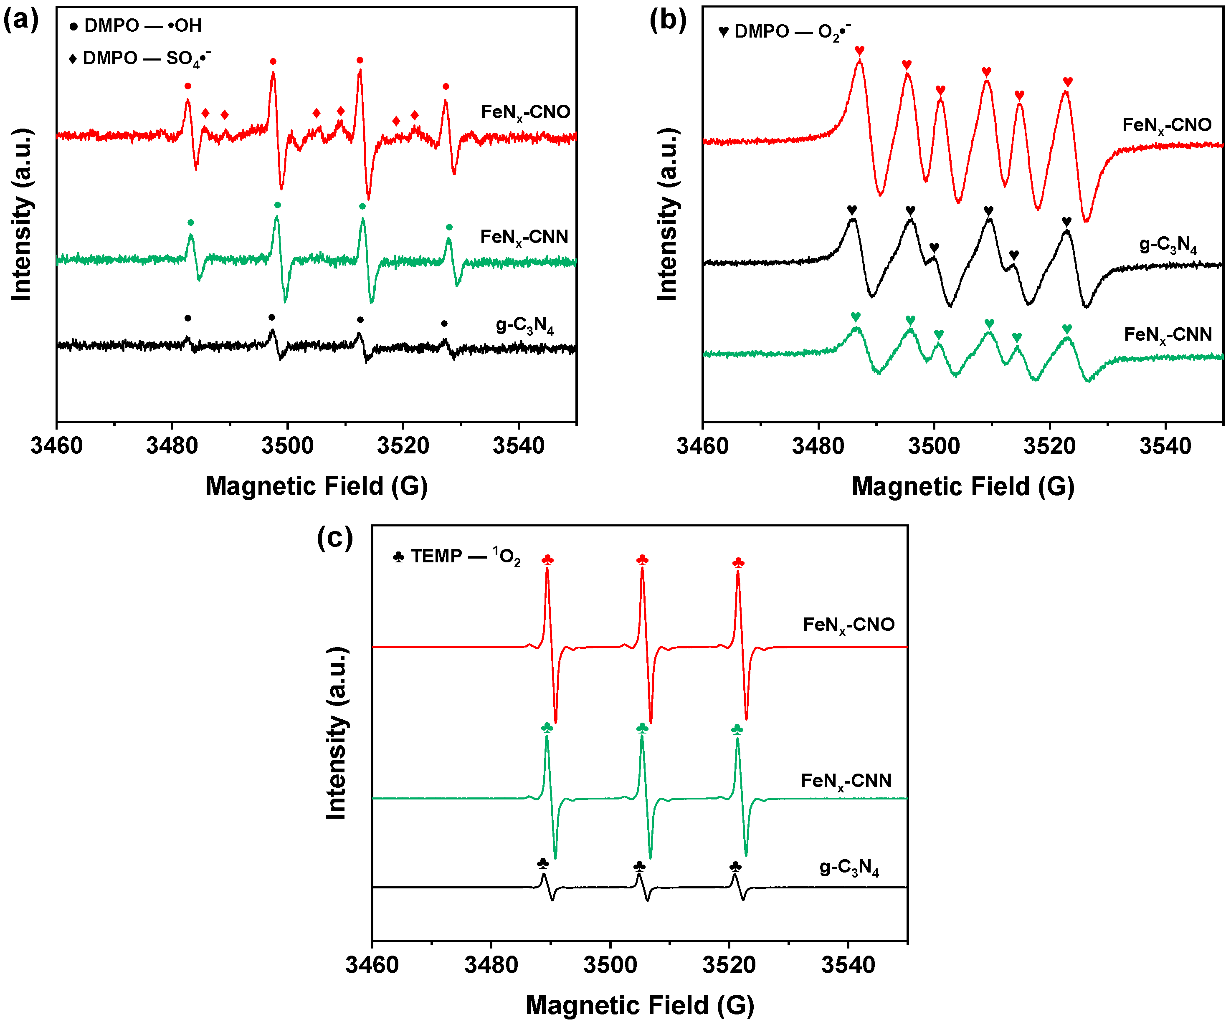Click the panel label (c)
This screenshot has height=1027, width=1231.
(x=335, y=537)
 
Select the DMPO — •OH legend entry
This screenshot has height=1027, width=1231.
(x=136, y=26)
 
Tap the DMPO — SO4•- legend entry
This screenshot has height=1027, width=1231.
(x=141, y=58)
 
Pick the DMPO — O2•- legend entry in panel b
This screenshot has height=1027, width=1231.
(x=784, y=31)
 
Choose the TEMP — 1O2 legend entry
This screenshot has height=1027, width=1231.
(x=457, y=556)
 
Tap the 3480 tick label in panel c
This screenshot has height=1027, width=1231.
(x=491, y=964)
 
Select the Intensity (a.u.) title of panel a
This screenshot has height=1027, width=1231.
(x=22, y=215)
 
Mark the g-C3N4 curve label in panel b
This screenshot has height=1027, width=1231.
(x=1168, y=245)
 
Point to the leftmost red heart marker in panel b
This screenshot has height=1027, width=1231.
(x=859, y=51)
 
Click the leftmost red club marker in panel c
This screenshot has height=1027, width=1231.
(x=547, y=560)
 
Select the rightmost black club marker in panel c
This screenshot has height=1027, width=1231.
(x=735, y=866)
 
